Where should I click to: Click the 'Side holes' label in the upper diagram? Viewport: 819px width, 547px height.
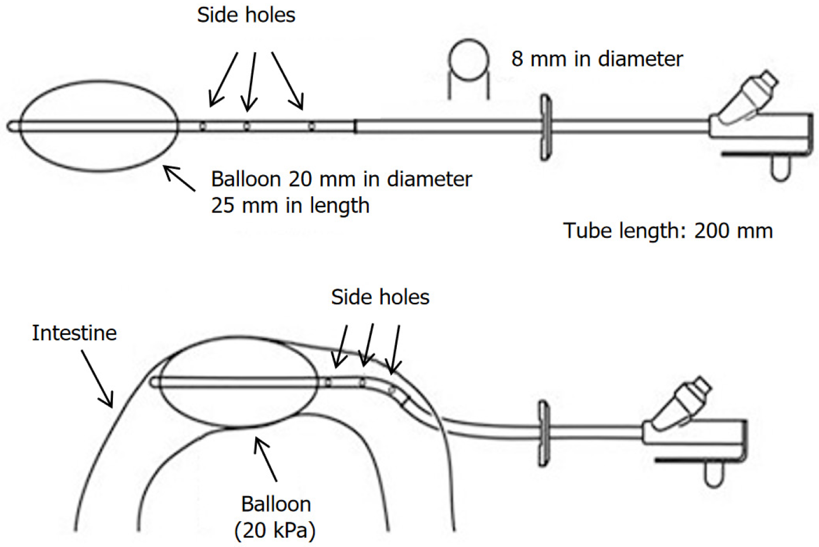[x=246, y=15]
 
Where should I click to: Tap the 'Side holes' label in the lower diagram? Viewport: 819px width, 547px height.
[x=380, y=297]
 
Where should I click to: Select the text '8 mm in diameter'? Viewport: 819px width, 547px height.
[x=597, y=59]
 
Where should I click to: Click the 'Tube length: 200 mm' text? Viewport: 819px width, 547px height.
[x=667, y=231]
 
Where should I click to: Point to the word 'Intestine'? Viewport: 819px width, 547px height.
[x=74, y=333]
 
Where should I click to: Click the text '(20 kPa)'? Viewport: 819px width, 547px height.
[x=275, y=531]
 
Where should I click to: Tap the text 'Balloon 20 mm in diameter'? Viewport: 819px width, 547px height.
[x=341, y=179]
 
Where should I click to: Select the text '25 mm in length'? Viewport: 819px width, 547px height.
[x=290, y=206]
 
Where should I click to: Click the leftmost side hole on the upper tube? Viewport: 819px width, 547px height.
[x=203, y=127]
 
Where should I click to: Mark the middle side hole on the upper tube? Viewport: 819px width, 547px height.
[x=246, y=127]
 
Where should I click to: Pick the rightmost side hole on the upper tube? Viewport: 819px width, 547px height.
[x=311, y=127]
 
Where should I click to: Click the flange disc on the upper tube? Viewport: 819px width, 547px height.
[x=546, y=128]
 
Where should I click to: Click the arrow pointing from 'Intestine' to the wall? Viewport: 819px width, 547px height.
[x=97, y=378]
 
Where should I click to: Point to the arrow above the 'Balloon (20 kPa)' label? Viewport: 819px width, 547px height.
[x=265, y=459]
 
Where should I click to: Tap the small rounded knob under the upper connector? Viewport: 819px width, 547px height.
[x=780, y=169]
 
